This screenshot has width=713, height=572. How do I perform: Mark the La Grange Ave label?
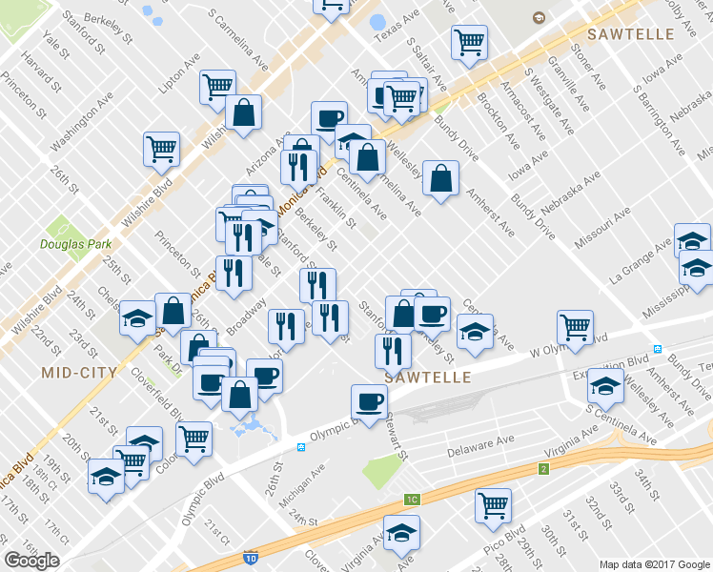[640, 267]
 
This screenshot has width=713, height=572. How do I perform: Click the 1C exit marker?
[412, 499]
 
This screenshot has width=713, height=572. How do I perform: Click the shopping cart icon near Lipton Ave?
[218, 87]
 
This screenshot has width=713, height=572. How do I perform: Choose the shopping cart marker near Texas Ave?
[469, 42]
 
